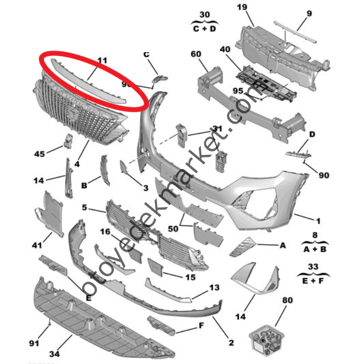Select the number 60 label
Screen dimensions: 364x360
tap(195, 54)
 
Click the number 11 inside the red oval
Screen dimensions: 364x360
tap(101, 61)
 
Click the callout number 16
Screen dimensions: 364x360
tap(105, 231)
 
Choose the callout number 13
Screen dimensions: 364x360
tap(214, 287)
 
